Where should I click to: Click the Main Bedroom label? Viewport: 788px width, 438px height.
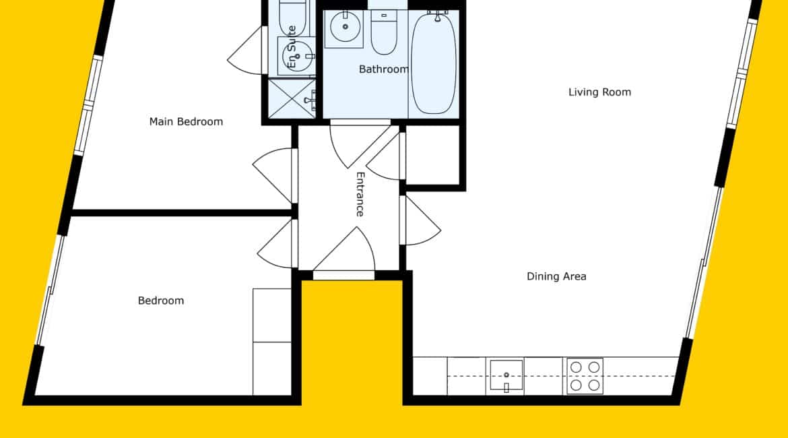pyautogui.click(x=186, y=122)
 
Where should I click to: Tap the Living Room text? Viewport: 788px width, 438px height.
pyautogui.click(x=599, y=92)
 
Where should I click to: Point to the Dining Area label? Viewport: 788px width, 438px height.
pyautogui.click(x=556, y=276)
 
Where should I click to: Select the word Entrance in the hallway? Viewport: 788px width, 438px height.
pyautogui.click(x=360, y=194)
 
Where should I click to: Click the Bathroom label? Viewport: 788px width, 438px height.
pyautogui.click(x=384, y=69)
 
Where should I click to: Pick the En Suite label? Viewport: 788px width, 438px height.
pyautogui.click(x=292, y=47)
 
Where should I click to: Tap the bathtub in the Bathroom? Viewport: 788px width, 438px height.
pyautogui.click(x=434, y=63)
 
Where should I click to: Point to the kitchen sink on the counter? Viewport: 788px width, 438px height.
pyautogui.click(x=506, y=375)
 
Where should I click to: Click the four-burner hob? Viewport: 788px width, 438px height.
pyautogui.click(x=585, y=375)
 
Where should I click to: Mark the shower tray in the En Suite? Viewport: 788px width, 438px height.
pyautogui.click(x=292, y=98)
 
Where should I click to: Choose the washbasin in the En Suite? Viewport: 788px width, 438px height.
pyautogui.click(x=296, y=56)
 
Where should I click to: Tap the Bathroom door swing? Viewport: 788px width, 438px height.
pyautogui.click(x=360, y=146)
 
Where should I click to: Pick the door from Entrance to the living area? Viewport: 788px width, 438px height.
pyautogui.click(x=420, y=220)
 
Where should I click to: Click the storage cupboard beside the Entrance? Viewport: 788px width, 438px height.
pyautogui.click(x=432, y=155)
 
